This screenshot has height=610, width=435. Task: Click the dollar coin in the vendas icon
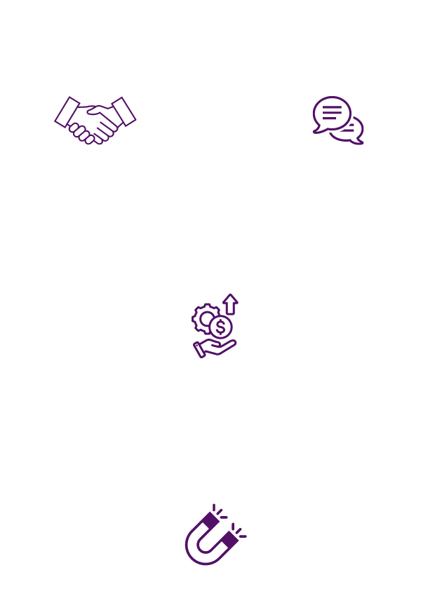point(222,327)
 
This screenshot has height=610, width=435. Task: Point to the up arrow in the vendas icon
point(230,305)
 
